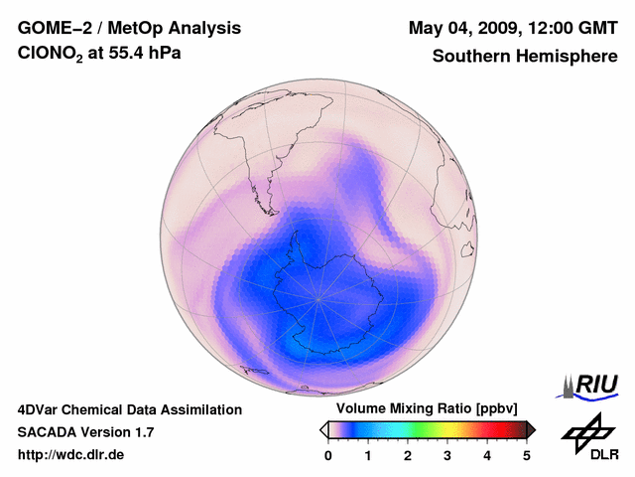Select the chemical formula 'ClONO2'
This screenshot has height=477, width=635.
(53, 57)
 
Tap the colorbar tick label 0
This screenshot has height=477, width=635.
(328, 455)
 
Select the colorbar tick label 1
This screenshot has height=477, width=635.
(368, 455)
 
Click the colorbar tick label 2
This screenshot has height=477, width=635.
(408, 455)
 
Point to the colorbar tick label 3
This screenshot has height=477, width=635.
(447, 455)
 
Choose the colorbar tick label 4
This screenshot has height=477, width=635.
(487, 455)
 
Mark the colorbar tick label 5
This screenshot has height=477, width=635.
(527, 455)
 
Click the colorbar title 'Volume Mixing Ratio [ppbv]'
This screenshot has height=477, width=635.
(427, 409)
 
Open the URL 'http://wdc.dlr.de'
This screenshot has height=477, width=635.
(71, 455)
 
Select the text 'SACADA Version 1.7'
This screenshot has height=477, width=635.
(85, 432)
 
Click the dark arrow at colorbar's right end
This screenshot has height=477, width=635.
(531, 429)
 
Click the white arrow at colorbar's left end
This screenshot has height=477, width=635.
(323, 429)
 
